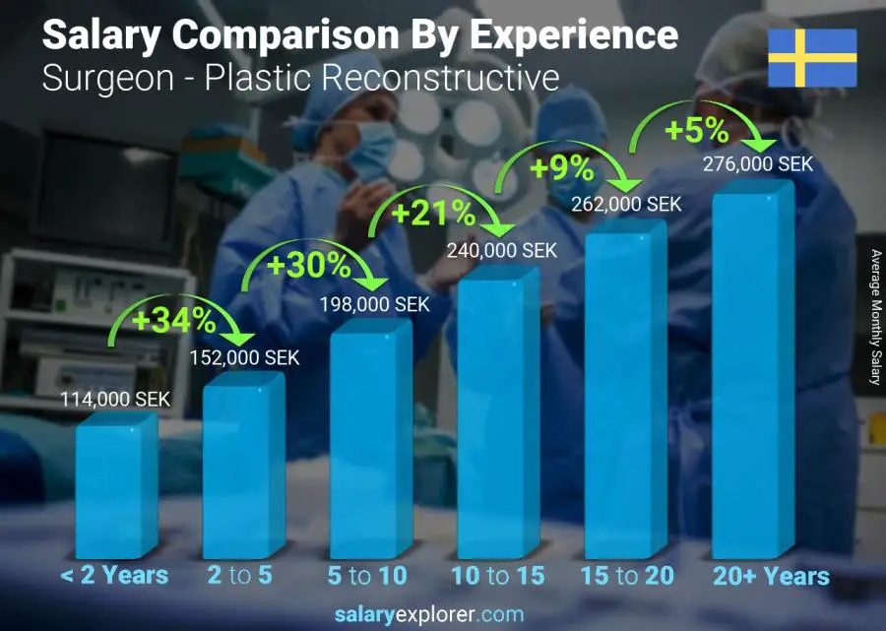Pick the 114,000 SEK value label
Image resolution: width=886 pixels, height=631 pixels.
[x=115, y=400]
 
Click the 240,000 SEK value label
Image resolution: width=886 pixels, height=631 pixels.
[x=502, y=250]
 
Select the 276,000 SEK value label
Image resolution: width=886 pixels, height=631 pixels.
[x=758, y=164]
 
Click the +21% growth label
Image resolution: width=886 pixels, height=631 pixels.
[x=433, y=213]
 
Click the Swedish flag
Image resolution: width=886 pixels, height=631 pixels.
[x=812, y=58]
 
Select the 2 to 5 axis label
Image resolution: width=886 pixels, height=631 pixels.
[x=241, y=576]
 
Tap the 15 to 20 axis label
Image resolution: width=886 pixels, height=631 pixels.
[x=626, y=576]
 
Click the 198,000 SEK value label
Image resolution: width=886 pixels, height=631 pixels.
[x=375, y=305]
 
